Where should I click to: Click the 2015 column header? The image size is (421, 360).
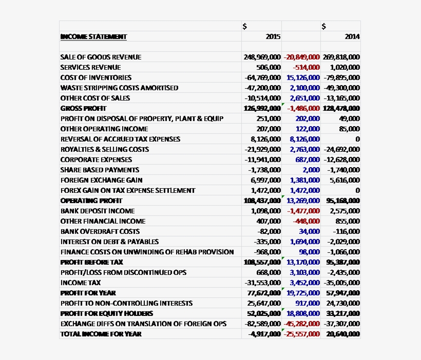click(x=273, y=36)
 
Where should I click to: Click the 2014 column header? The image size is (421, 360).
click(x=352, y=36)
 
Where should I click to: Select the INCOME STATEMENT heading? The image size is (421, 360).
click(x=93, y=36)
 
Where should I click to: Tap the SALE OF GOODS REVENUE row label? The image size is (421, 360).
click(x=101, y=57)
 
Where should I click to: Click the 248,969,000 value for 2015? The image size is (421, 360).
click(x=262, y=57)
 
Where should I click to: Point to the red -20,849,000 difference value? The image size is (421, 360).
click(x=301, y=57)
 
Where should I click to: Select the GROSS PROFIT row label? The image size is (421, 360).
click(x=83, y=108)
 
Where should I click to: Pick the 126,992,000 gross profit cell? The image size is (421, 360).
click(x=262, y=108)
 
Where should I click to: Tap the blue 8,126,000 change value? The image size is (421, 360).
click(x=304, y=139)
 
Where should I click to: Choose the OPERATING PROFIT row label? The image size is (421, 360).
click(x=91, y=201)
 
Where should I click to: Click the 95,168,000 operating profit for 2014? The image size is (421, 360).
click(x=342, y=201)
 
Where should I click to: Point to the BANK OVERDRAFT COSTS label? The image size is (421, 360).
click(x=100, y=231)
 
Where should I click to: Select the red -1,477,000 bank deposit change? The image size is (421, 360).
click(x=303, y=211)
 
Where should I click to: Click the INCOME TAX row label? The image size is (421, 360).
click(x=81, y=283)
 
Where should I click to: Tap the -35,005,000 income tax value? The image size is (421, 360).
click(x=341, y=283)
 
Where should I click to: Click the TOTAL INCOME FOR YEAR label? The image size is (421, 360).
click(x=101, y=334)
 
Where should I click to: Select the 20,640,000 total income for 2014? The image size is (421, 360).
click(x=342, y=334)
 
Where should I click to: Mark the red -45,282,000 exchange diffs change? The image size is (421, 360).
click(x=301, y=324)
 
